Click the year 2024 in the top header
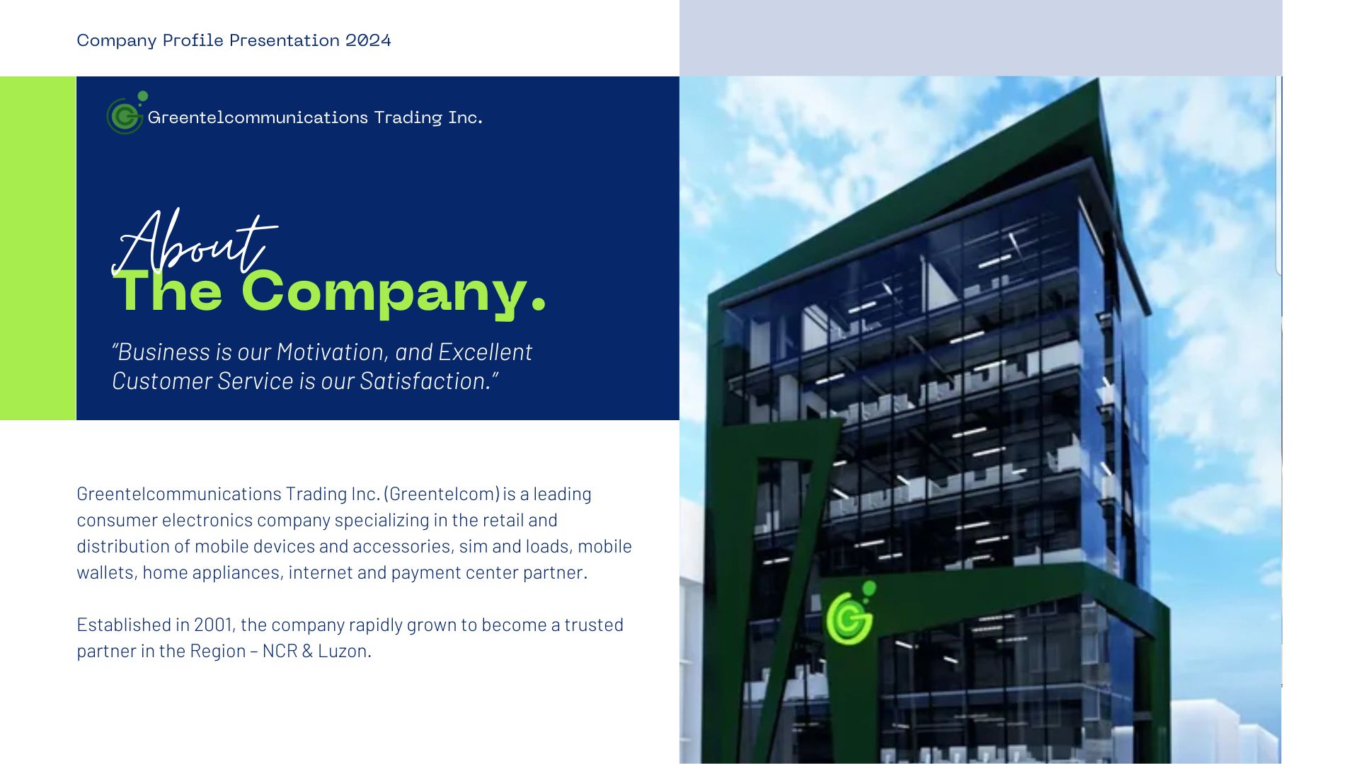(368, 40)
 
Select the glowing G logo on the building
(851, 613)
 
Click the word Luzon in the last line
(344, 651)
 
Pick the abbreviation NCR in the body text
(280, 651)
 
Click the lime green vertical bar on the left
(38, 248)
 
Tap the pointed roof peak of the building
(1099, 79)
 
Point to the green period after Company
(539, 305)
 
